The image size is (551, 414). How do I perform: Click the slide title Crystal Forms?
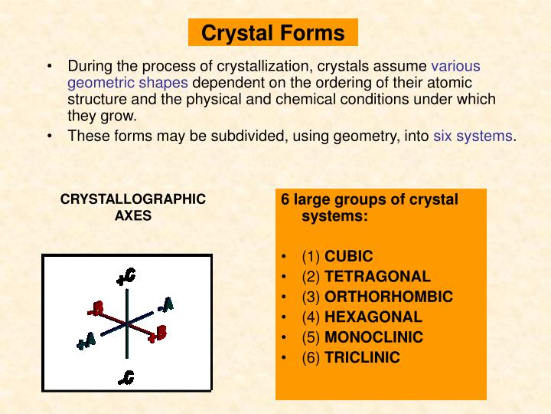(x=272, y=33)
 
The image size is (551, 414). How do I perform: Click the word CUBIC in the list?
(x=349, y=256)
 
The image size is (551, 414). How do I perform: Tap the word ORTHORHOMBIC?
(x=389, y=297)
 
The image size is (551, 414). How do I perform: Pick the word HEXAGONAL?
(x=373, y=317)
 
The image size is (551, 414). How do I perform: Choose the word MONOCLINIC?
(x=373, y=337)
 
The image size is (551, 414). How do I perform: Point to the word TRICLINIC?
(x=362, y=357)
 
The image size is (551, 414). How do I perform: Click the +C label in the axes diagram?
(x=126, y=276)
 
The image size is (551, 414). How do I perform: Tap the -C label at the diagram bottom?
(x=126, y=376)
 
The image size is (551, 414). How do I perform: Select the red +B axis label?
(x=158, y=333)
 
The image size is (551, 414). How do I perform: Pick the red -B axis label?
(x=96, y=309)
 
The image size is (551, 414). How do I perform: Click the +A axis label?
(x=86, y=340)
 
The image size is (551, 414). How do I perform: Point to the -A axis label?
(x=165, y=304)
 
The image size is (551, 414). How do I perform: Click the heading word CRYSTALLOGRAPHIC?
(x=133, y=199)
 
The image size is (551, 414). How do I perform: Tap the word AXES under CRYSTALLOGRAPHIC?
(x=133, y=215)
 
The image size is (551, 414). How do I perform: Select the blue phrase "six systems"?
(x=472, y=136)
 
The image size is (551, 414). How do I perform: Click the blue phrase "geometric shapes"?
(x=128, y=83)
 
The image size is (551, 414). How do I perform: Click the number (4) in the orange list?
(x=311, y=317)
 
